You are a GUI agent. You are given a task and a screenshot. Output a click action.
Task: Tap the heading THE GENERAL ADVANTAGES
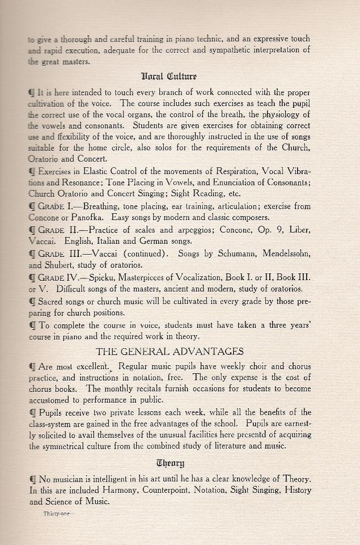tap(170, 352)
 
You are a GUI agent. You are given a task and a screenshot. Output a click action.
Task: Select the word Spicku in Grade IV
tap(104, 277)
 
